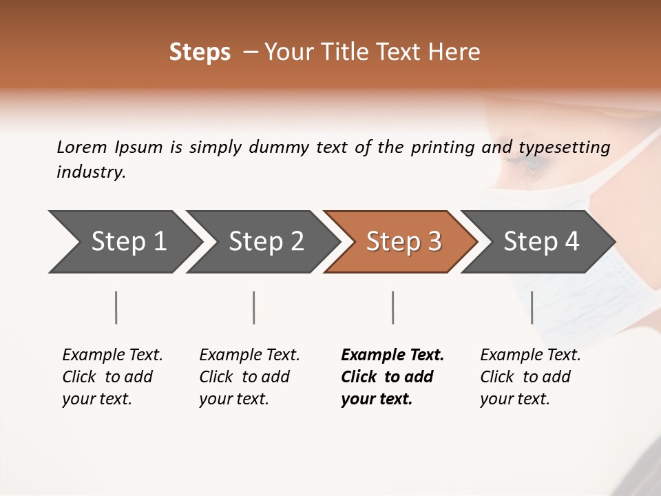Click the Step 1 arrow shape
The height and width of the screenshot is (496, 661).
point(124,242)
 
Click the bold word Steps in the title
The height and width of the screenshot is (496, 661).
point(200,52)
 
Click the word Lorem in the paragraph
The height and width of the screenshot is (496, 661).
point(81,147)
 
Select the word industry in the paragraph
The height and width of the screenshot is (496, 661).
point(91,172)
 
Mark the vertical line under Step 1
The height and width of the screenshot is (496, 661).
point(116,307)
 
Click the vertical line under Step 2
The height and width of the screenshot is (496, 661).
point(254,307)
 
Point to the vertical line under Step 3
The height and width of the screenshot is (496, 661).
point(392,307)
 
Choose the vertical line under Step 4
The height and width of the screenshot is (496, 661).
point(532,307)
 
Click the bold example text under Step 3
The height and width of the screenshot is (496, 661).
point(392,377)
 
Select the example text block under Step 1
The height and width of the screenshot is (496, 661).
point(112,377)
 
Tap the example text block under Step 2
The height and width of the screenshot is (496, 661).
point(249,377)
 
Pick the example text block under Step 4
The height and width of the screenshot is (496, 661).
point(530,377)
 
